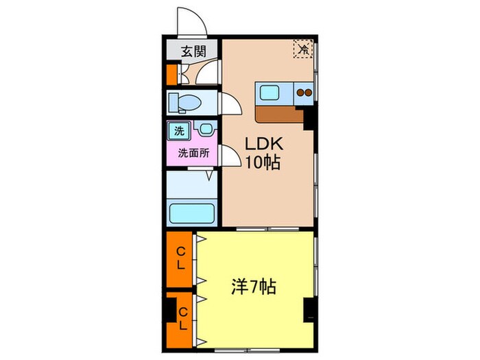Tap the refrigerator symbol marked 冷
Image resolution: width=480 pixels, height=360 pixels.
click(302, 49)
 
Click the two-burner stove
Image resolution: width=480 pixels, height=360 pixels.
click(304, 92)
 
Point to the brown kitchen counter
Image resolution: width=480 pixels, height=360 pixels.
click(278, 113)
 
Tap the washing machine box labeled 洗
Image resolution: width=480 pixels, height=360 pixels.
click(178, 130)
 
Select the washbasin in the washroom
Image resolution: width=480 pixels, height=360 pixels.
click(204, 129)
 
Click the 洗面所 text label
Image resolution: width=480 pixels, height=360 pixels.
click(193, 152)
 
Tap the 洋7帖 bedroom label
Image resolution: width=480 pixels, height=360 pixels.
click(254, 287)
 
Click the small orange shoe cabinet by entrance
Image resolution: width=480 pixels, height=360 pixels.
click(171, 73)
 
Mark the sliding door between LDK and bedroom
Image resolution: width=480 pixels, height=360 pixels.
click(267, 229)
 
